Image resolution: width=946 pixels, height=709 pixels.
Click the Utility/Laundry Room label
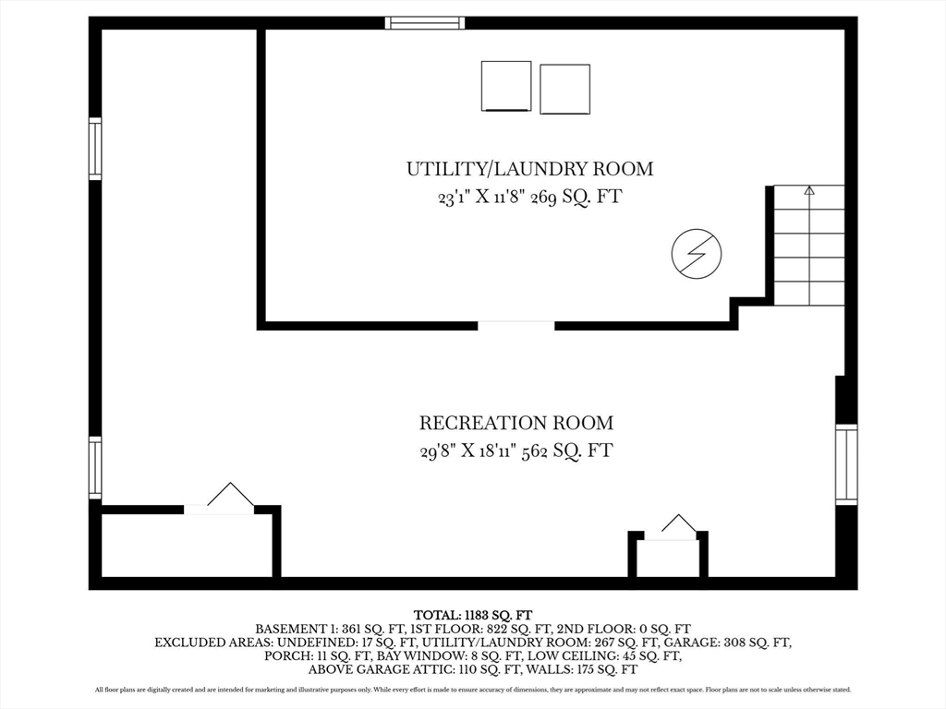tap(529, 169)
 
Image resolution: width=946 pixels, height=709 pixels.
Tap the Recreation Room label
tap(516, 423)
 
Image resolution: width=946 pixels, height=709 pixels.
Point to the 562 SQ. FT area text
tap(567, 451)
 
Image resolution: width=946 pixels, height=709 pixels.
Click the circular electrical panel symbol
tap(697, 254)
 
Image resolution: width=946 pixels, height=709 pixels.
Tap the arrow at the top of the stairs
tap(809, 191)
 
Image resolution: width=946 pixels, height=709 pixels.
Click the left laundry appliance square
tap(506, 86)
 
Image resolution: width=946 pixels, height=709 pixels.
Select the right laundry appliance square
tap(564, 90)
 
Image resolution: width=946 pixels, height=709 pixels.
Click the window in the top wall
tap(425, 23)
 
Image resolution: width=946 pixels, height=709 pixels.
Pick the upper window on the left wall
tap(95, 149)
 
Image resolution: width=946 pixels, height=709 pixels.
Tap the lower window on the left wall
tap(95, 468)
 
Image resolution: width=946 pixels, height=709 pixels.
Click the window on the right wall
tap(846, 464)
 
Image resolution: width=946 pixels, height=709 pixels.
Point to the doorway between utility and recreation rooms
tap(516, 326)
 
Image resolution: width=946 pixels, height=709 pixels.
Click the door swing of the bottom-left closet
tap(230, 495)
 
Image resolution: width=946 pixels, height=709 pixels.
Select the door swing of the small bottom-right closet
tap(679, 523)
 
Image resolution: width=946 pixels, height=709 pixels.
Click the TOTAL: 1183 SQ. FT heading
tap(473, 615)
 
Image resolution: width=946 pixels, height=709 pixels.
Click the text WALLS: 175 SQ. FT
tap(582, 669)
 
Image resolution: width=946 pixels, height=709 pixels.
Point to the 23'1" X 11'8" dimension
tap(481, 198)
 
